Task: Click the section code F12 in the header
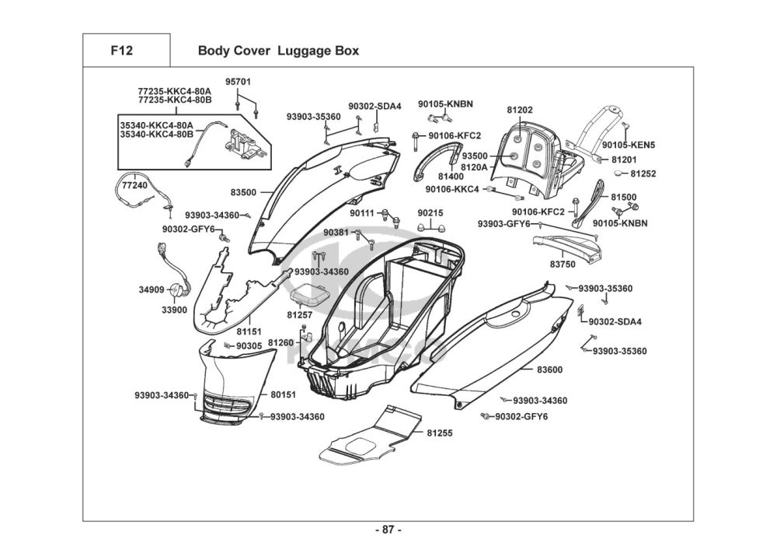(121, 51)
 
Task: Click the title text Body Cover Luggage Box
(278, 51)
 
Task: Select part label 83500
(243, 191)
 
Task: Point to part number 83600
(549, 370)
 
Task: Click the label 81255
(440, 432)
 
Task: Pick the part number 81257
(299, 315)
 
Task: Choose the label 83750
(563, 264)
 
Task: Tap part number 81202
(520, 110)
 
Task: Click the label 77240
(134, 186)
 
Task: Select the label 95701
(239, 82)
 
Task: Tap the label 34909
(152, 289)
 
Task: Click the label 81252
(643, 174)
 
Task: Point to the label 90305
(249, 345)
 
